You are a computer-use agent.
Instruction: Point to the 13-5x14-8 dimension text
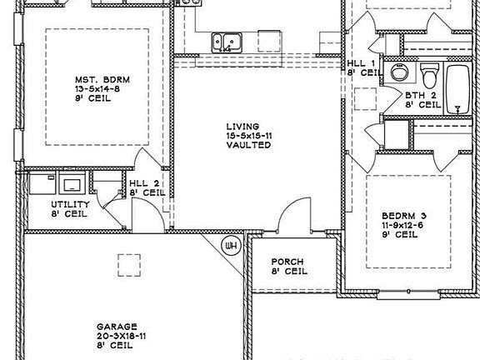click(97, 89)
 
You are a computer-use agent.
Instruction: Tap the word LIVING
click(248, 126)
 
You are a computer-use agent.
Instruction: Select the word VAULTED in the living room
click(248, 145)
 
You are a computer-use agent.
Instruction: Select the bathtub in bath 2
click(459, 90)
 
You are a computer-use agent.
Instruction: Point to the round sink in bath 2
click(397, 73)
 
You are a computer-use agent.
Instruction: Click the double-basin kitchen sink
click(226, 40)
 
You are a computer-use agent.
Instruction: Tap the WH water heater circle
click(230, 244)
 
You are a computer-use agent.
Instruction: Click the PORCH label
click(287, 261)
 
